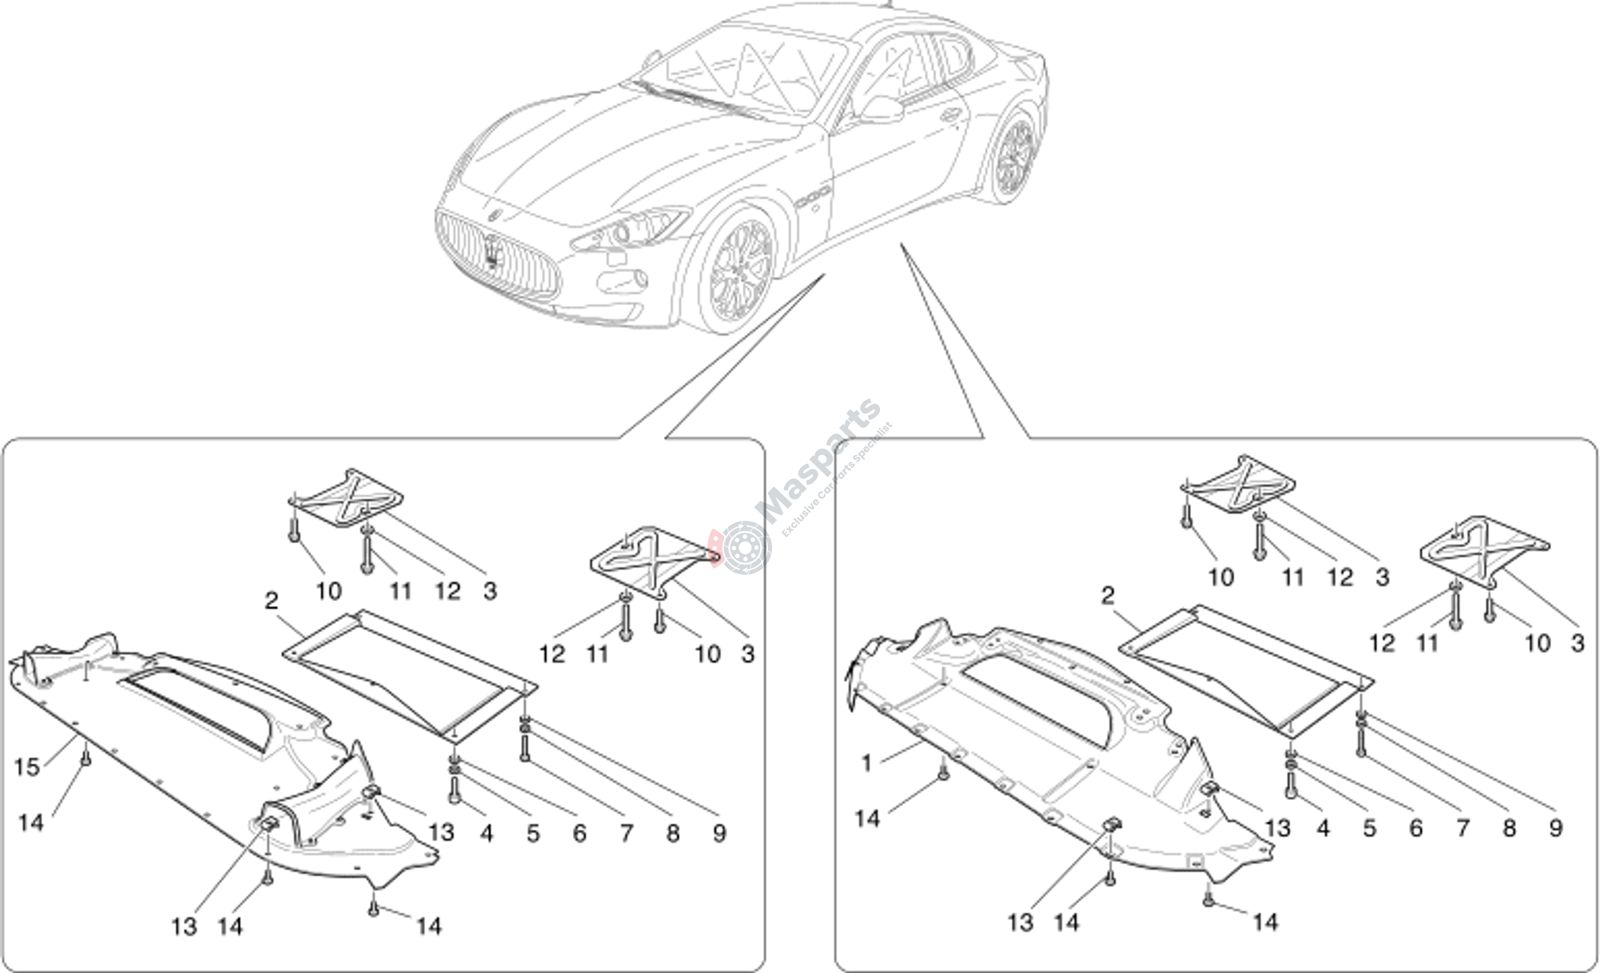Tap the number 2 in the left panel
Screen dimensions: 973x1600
271,601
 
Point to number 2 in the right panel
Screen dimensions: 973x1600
1108,596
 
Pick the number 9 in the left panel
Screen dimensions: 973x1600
719,833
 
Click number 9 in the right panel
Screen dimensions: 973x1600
1555,828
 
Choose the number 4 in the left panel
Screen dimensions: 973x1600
486,833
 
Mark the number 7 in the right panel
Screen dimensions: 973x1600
1462,828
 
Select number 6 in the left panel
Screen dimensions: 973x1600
579,833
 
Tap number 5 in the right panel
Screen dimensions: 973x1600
1370,828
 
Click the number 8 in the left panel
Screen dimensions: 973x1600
673,833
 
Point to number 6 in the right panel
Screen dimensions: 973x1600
1416,828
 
